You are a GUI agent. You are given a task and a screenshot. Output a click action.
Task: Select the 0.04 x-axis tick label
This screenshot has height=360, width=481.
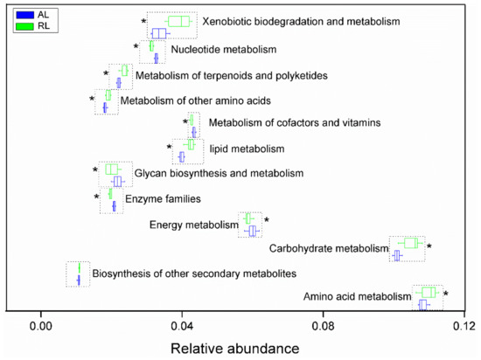coord(182,326)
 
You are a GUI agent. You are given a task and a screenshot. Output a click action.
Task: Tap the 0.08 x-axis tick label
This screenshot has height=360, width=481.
coord(324,326)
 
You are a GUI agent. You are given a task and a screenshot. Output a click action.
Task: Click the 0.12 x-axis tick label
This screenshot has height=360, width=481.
coord(464,326)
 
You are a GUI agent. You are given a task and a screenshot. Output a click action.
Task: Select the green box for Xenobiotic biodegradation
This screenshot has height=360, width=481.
coord(178,21)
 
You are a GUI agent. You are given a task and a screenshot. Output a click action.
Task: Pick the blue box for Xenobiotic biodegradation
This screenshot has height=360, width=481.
coord(158,33)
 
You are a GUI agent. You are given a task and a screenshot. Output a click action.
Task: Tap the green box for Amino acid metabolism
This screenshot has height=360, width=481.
coord(428,292)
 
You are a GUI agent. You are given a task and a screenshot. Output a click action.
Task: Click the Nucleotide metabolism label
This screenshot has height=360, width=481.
coord(217,50)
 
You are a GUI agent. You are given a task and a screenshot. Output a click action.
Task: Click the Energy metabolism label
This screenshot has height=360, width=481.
coord(193,225)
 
